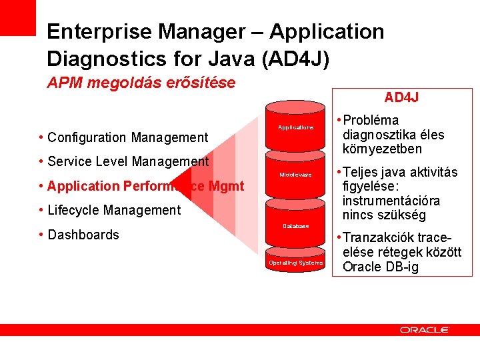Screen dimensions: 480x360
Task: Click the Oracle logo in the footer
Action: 424,329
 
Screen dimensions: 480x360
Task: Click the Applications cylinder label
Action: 295,127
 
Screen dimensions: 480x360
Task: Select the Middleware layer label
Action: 295,175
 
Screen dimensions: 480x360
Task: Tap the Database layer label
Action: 295,226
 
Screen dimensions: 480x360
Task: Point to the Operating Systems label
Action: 295,263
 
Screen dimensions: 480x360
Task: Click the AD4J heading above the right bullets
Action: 401,97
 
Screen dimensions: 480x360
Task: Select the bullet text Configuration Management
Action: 128,137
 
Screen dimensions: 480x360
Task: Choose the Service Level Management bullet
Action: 128,161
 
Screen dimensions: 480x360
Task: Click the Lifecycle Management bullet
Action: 114,211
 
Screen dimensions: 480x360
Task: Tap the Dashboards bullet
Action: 83,235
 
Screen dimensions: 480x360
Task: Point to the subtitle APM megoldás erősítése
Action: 141,83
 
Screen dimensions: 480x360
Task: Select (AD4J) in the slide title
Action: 295,59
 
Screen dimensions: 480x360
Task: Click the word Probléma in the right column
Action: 371,121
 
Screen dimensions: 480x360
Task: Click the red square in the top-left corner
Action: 17,17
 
